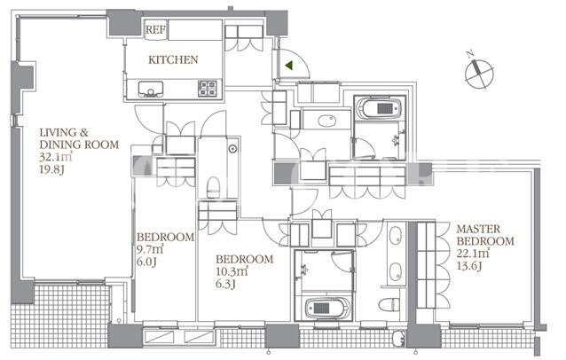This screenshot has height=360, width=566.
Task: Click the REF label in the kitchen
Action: tap(155, 29)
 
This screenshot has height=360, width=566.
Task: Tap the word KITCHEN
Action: tap(173, 59)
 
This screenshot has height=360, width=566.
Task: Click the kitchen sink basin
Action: tap(151, 89)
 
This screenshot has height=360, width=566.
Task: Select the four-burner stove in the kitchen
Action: tap(208, 89)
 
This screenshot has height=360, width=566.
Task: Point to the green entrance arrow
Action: tap(288, 66)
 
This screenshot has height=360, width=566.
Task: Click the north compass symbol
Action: tap(479, 74)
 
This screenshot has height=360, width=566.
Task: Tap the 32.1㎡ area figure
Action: tap(56, 157)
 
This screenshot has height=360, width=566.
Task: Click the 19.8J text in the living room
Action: tap(51, 169)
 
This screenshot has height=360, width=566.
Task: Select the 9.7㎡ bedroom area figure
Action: tap(150, 249)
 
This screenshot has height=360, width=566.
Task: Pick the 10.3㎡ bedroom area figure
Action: tap(232, 271)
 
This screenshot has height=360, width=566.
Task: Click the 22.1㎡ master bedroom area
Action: tap(473, 254)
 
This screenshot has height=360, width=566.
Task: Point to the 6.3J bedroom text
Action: tap(225, 284)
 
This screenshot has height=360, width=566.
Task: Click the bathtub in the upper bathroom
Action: tap(379, 108)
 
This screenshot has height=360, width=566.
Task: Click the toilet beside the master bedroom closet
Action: tap(389, 304)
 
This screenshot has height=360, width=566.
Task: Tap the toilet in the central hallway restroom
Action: tap(213, 187)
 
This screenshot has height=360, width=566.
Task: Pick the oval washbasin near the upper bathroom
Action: tap(327, 121)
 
